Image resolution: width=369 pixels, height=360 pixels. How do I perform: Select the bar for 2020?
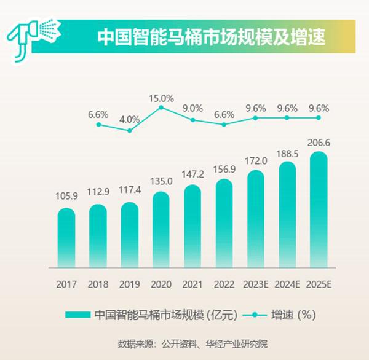point(161,230)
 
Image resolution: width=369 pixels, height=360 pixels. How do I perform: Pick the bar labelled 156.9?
point(224,224)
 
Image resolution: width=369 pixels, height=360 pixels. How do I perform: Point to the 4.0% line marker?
point(130,130)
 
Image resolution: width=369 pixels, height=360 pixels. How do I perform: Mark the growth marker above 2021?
point(193,120)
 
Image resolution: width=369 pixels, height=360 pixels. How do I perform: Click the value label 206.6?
point(319,142)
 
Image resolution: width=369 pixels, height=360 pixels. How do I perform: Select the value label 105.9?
point(66,198)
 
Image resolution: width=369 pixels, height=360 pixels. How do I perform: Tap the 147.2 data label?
point(193,174)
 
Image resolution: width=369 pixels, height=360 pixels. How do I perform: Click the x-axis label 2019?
point(130,285)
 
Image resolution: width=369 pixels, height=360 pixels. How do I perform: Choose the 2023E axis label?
point(256,285)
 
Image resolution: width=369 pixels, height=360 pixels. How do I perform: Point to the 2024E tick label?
point(287,285)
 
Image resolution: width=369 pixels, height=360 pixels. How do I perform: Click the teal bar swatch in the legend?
point(77,315)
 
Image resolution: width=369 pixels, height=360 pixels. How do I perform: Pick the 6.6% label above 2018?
point(98,114)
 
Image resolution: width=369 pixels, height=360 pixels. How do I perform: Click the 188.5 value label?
point(287,153)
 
